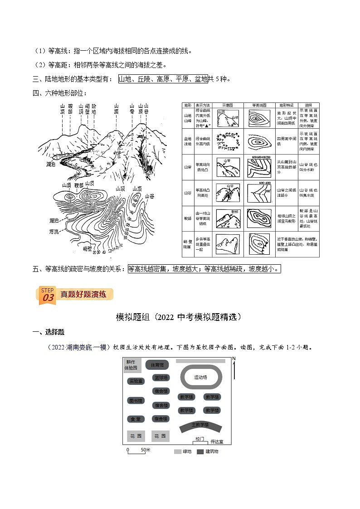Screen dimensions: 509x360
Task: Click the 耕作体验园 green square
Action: tap(131, 365)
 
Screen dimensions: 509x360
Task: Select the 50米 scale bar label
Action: tap(145, 450)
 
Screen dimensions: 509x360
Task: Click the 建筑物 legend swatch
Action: tap(200, 452)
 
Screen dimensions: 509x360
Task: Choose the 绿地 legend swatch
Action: tap(177, 452)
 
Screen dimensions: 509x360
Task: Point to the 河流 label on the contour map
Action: tap(54, 231)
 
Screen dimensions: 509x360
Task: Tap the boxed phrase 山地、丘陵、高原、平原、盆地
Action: tap(163, 79)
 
